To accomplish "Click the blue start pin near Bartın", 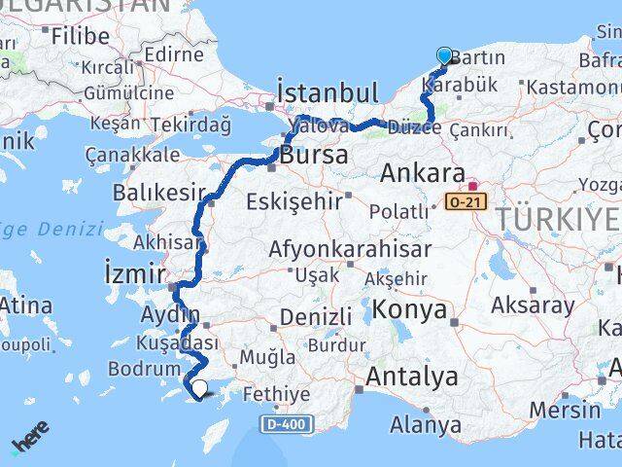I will [x=444, y=56].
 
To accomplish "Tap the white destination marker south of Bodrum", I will [x=199, y=388].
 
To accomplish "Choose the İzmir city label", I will [x=135, y=275].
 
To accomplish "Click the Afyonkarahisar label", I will [x=350, y=249].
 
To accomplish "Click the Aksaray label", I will [x=533, y=305].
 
